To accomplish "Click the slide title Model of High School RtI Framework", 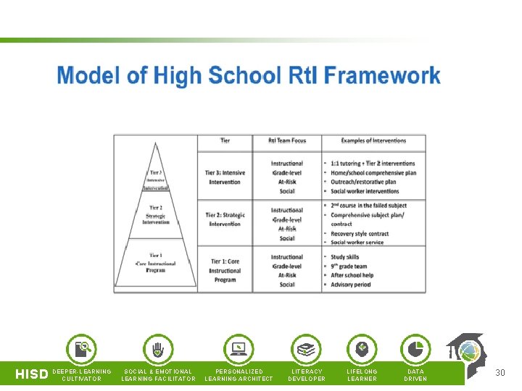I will (x=249, y=76).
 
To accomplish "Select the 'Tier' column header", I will (x=225, y=140).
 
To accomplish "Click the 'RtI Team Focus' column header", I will (x=286, y=140).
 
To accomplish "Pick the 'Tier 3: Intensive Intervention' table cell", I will (x=225, y=177).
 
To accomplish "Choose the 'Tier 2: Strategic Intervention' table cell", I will (x=225, y=219).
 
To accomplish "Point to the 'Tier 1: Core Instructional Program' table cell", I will (x=225, y=270).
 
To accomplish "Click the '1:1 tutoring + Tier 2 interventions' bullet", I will (x=373, y=164).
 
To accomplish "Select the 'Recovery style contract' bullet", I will (x=360, y=234).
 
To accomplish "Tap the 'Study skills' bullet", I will (x=345, y=257).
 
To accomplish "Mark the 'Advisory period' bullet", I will (x=350, y=285).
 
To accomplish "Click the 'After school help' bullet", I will (x=352, y=275).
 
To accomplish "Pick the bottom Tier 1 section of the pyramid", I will (x=155, y=264).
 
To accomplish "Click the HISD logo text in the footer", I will (x=32, y=374).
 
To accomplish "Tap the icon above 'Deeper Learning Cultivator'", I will (x=82, y=349).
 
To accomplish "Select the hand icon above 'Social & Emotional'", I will (x=158, y=349).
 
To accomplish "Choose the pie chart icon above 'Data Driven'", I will (x=415, y=349).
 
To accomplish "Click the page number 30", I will (x=500, y=373).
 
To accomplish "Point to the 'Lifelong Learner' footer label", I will (x=362, y=375).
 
